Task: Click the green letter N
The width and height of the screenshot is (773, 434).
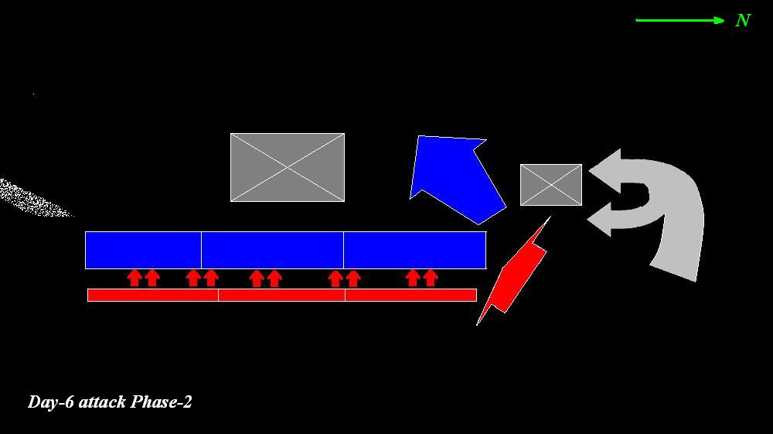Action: tap(743, 21)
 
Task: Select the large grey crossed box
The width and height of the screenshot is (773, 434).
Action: tap(288, 167)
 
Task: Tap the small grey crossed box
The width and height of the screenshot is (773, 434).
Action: tap(550, 185)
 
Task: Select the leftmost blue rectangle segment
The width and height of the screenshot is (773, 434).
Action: tap(143, 250)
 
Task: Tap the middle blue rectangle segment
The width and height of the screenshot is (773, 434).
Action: tap(272, 250)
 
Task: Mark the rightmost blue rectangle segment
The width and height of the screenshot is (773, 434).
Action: tap(414, 250)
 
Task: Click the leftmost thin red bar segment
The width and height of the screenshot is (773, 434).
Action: tap(153, 295)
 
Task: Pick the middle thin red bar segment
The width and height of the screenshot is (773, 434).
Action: tap(281, 295)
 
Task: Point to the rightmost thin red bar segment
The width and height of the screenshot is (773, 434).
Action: tap(410, 295)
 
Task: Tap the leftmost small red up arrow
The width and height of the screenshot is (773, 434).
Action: tap(135, 278)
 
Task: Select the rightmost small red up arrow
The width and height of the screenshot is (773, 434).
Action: tap(431, 278)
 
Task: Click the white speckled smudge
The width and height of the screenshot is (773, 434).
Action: tap(31, 198)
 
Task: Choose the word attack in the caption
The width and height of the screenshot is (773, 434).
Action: tap(102, 402)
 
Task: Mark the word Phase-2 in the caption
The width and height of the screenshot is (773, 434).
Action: tap(162, 402)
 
